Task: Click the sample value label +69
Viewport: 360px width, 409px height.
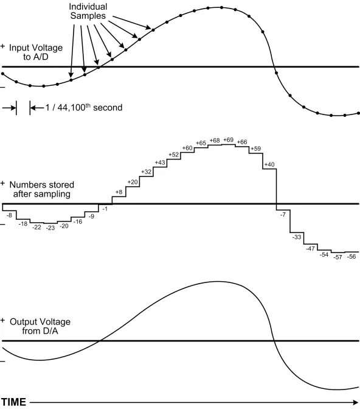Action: (228, 140)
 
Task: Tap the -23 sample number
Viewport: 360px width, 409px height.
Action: (50, 228)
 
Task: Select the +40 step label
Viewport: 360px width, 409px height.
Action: (269, 164)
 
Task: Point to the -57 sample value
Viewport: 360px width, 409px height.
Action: (337, 257)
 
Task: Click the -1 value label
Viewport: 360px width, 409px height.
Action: (105, 209)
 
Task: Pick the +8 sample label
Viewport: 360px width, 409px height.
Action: (119, 192)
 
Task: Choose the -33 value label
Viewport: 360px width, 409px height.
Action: (297, 237)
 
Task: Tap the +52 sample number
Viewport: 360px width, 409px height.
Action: (173, 155)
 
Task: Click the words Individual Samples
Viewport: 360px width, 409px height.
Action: (88, 11)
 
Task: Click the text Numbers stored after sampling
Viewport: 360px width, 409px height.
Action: (42, 189)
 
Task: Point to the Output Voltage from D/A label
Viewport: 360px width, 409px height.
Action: (40, 326)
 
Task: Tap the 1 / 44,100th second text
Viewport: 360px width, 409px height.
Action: (84, 108)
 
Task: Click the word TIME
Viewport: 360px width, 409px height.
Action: (13, 402)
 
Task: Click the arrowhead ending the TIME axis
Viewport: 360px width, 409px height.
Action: (356, 402)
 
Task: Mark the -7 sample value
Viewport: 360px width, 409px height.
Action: (283, 215)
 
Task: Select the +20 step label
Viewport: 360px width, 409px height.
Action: (133, 182)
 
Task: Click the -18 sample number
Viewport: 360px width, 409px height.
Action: (23, 224)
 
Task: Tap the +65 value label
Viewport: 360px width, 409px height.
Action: (201, 143)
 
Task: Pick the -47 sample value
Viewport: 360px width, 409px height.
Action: (310, 248)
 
